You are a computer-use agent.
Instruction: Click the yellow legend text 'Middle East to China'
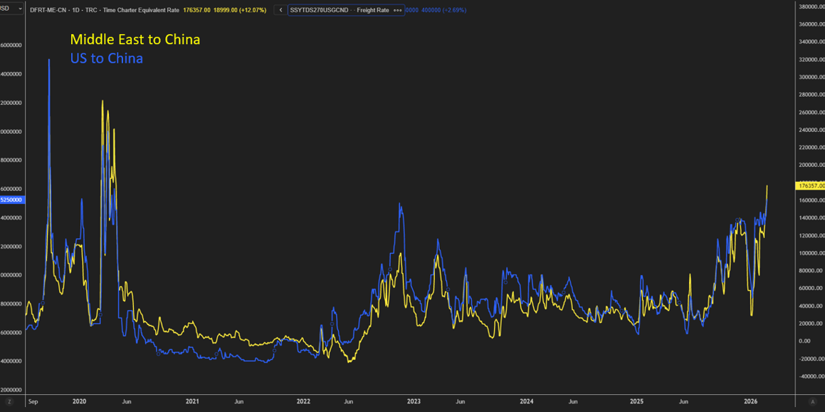tap(135, 39)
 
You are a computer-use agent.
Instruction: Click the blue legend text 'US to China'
tap(106, 58)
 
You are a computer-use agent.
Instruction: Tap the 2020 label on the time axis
tap(79, 401)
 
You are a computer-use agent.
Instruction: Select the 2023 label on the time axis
tap(414, 401)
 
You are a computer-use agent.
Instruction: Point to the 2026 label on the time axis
tap(750, 401)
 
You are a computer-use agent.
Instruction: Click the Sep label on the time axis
tap(32, 401)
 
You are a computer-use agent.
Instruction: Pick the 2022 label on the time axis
tap(303, 401)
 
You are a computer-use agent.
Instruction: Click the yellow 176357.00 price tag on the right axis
tap(811, 185)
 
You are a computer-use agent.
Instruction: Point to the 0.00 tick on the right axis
tap(804, 341)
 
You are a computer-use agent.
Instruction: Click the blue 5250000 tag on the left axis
tap(11, 200)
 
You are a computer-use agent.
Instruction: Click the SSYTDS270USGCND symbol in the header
tap(319, 10)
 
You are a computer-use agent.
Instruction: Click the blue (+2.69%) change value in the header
tap(454, 10)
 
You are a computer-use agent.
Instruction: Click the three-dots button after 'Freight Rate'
tap(396, 10)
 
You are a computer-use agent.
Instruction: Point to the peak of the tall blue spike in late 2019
tap(49, 60)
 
